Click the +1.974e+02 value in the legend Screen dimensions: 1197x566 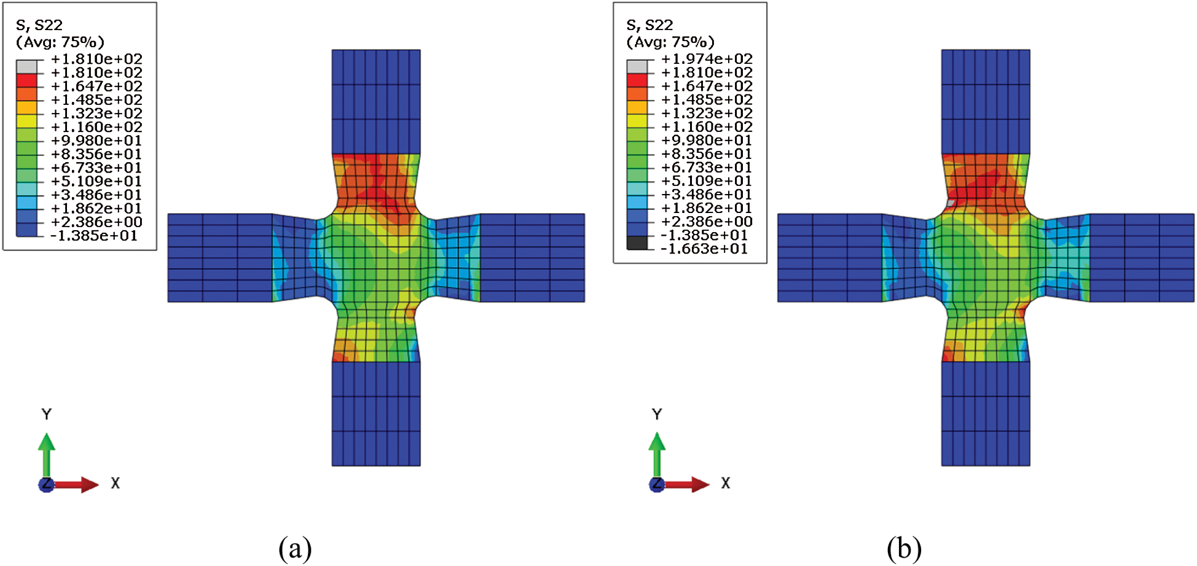click(707, 59)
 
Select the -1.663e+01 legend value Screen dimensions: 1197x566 click(704, 249)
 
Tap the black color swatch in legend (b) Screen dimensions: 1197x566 click(637, 243)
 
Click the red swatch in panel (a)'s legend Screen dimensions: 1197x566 click(26, 80)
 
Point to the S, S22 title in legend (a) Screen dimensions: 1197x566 click(39, 25)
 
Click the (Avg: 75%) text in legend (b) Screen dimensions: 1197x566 click(670, 42)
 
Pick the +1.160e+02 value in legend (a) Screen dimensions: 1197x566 click(96, 127)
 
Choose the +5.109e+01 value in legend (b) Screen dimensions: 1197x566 click(707, 181)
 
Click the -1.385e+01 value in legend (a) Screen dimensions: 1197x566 click(94, 236)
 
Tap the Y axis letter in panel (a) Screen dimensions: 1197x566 click(47, 414)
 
